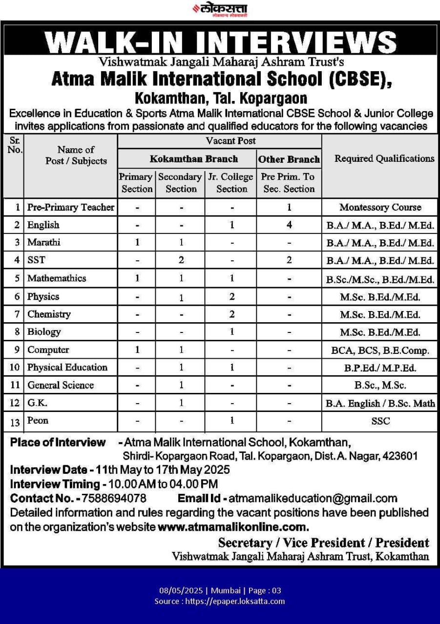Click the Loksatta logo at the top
click(x=220, y=9)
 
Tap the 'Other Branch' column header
click(x=289, y=159)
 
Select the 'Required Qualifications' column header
click(x=384, y=158)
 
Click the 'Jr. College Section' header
click(x=231, y=183)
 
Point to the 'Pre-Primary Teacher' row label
click(x=71, y=207)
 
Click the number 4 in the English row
click(x=289, y=225)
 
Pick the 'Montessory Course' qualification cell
click(x=380, y=207)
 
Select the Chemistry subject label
click(x=49, y=314)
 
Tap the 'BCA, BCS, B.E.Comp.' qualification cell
click(x=380, y=350)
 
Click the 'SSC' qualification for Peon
click(x=380, y=421)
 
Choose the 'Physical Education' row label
click(x=67, y=367)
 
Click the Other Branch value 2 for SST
click(x=289, y=260)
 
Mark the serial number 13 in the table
click(x=15, y=422)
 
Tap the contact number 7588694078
click(x=114, y=498)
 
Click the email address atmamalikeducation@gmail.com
click(x=313, y=498)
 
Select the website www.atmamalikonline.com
click(x=233, y=527)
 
